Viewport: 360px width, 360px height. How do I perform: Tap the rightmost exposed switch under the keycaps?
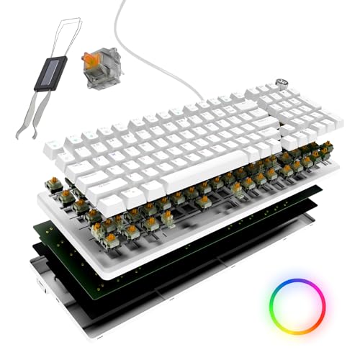point(327,149)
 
